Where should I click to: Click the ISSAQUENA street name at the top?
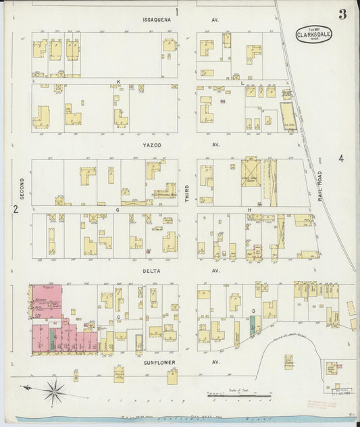156,20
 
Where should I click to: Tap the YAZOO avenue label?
155,145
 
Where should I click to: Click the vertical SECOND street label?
22,189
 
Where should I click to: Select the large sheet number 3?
342,14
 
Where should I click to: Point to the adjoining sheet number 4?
342,159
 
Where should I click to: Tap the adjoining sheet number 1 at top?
177,11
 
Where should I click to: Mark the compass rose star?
54,388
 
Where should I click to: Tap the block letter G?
117,209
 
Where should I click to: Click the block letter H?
249,209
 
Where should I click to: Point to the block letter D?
253,311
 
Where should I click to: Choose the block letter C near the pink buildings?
118,316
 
